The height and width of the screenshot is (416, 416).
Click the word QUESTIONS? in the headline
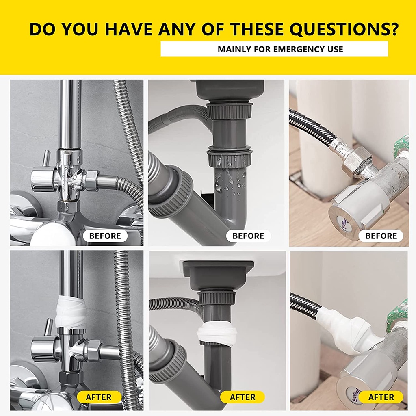pos(344,29)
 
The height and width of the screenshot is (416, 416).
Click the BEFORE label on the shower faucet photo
pos(105,236)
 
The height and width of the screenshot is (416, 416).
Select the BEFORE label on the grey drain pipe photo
pos(248,236)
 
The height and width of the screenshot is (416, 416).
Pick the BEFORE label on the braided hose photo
pos(381,236)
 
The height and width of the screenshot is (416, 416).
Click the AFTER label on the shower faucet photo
pos(99,397)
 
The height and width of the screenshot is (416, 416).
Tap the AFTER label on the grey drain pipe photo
pos(243,397)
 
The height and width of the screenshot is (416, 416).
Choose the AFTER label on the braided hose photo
pos(381,397)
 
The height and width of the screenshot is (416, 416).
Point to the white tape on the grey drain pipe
pos(217,334)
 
